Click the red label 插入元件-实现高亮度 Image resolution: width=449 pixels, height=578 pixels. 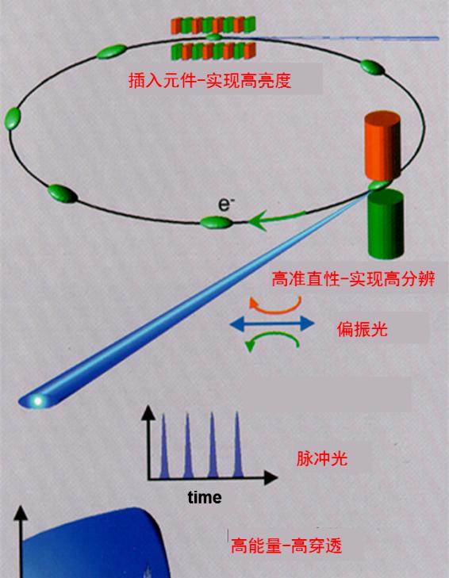coord(209,80)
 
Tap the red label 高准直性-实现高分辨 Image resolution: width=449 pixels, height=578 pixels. coord(353,279)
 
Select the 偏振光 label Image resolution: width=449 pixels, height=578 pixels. coord(362,328)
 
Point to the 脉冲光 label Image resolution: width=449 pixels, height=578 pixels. coord(322,459)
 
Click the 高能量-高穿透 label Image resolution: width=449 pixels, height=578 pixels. coord(286,545)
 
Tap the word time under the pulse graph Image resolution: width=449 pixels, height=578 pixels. coord(205,498)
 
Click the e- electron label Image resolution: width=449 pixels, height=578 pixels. coord(225,205)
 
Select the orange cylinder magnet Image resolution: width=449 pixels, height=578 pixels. coord(382,146)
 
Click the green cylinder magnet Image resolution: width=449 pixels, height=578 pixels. coord(386,224)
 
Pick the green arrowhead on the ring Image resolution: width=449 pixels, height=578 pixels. coord(258,220)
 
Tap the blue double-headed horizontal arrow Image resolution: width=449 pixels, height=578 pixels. coord(272,323)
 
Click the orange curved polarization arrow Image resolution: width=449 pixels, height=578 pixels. coord(275,305)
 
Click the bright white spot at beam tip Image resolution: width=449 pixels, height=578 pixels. coord(37,400)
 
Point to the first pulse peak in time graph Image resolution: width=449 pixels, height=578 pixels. coord(163,446)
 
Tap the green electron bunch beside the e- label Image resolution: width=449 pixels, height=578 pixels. coord(217,222)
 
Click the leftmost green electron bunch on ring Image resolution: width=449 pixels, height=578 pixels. coord(13,118)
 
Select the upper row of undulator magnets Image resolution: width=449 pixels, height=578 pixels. coord(213,25)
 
